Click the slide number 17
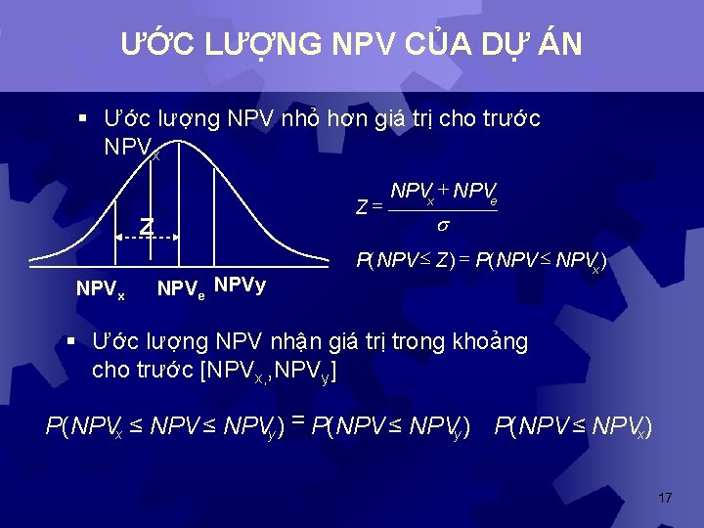[665, 499]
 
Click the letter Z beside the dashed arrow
[146, 227]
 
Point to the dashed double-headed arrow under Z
[147, 238]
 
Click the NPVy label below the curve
[240, 286]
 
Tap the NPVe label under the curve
[181, 289]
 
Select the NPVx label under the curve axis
[101, 289]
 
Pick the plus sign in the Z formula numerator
[444, 189]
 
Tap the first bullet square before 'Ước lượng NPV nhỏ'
[83, 119]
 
